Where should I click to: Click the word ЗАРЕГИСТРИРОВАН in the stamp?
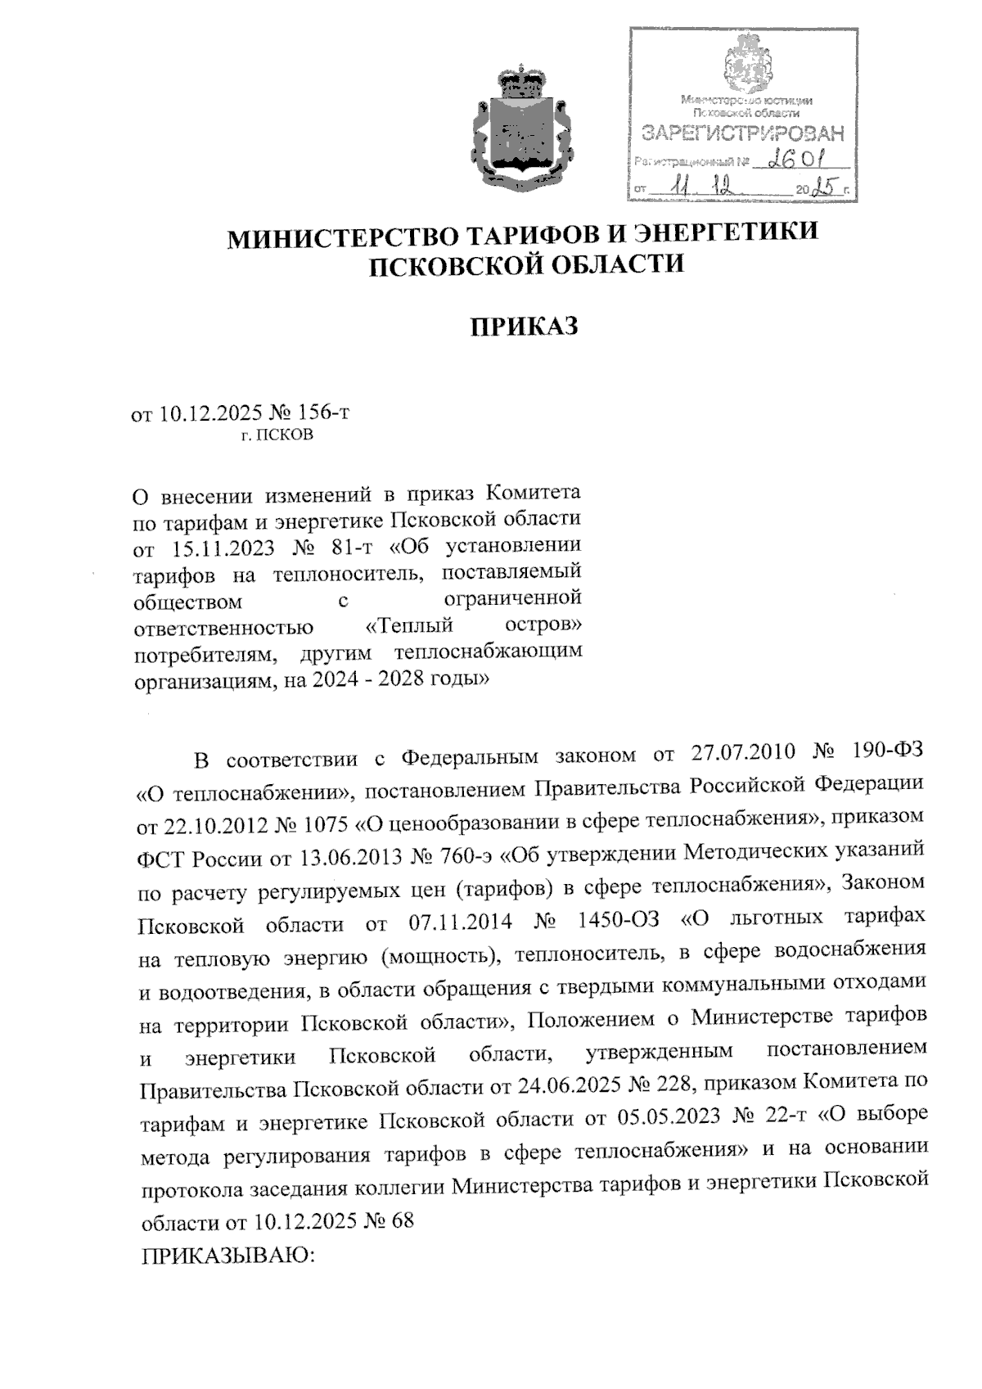coord(742,133)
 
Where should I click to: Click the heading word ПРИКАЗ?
coord(524,327)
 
